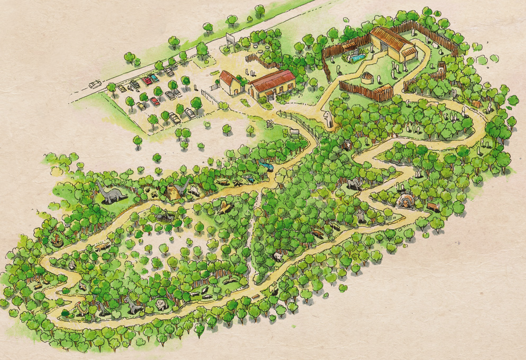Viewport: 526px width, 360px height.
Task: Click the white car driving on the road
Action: click(95, 84)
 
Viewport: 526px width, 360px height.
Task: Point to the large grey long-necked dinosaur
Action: click(108, 193)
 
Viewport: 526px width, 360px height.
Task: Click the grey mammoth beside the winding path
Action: click(355, 183)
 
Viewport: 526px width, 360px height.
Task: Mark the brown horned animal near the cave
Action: click(433, 206)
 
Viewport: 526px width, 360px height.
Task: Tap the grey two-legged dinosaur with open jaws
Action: click(132, 303)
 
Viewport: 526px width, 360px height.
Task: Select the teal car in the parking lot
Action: click(154, 77)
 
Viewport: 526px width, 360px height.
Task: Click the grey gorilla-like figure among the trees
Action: click(361, 217)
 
